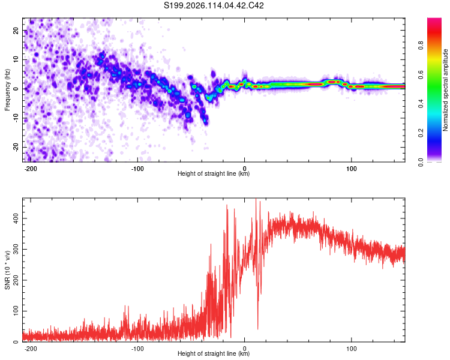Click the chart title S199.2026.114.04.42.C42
coord(214,5)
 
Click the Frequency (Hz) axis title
coord(7,90)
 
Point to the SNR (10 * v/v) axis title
coord(7,270)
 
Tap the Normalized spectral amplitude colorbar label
coord(445,90)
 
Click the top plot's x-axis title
coord(214,173)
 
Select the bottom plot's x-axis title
coord(214,353)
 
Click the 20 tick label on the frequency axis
coord(16,31)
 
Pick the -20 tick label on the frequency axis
coord(16,148)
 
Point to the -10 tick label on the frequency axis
coord(16,118)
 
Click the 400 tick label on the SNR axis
coord(16,218)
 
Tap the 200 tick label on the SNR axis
coord(16,280)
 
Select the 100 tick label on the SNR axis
coord(16,311)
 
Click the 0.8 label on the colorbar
coord(421,46)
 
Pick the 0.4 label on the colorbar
coord(421,104)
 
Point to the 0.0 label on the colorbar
coord(421,162)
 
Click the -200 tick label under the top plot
coord(30,169)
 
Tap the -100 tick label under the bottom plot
coord(137,349)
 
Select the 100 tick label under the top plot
coord(351,169)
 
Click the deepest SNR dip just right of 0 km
coord(258,329)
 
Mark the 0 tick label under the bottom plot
coord(245,349)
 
